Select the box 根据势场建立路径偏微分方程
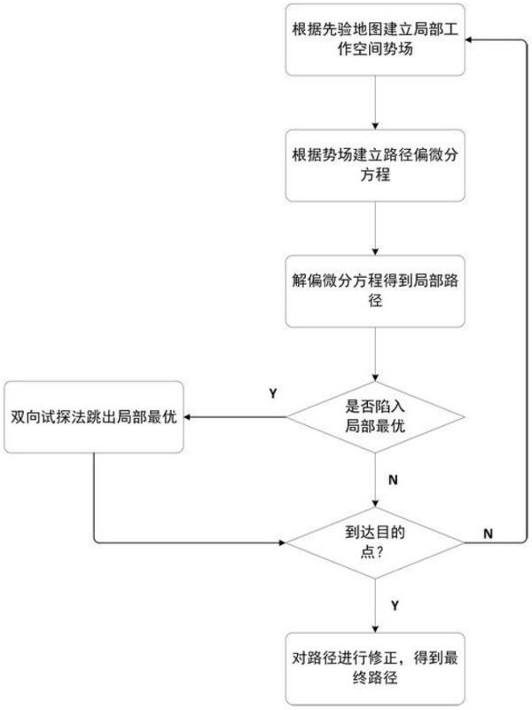(377, 166)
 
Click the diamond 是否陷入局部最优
(377, 416)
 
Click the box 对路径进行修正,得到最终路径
(377, 667)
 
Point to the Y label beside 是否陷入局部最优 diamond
(273, 391)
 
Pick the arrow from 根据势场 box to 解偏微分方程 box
(377, 228)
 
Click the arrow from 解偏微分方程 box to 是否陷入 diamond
(377, 355)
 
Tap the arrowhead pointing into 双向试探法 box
(190, 416)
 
